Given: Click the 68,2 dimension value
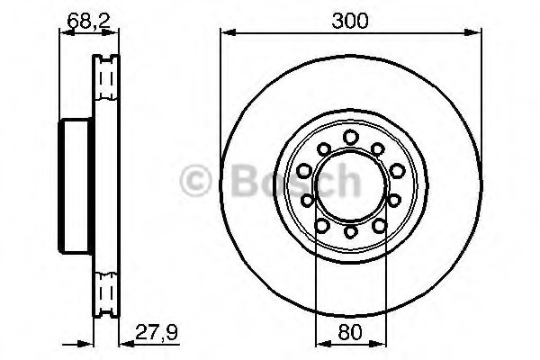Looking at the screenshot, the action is [88, 21].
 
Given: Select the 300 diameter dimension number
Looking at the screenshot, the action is [350, 21].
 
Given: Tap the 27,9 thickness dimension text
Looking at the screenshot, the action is [157, 332].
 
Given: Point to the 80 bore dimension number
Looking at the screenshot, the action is [350, 333].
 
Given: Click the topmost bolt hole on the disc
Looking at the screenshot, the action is [351, 137].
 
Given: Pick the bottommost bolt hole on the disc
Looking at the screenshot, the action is [350, 231].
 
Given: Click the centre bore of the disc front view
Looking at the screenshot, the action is [351, 184].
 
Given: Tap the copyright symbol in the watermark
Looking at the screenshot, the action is [195, 180].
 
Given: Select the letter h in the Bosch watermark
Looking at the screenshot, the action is [348, 179].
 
